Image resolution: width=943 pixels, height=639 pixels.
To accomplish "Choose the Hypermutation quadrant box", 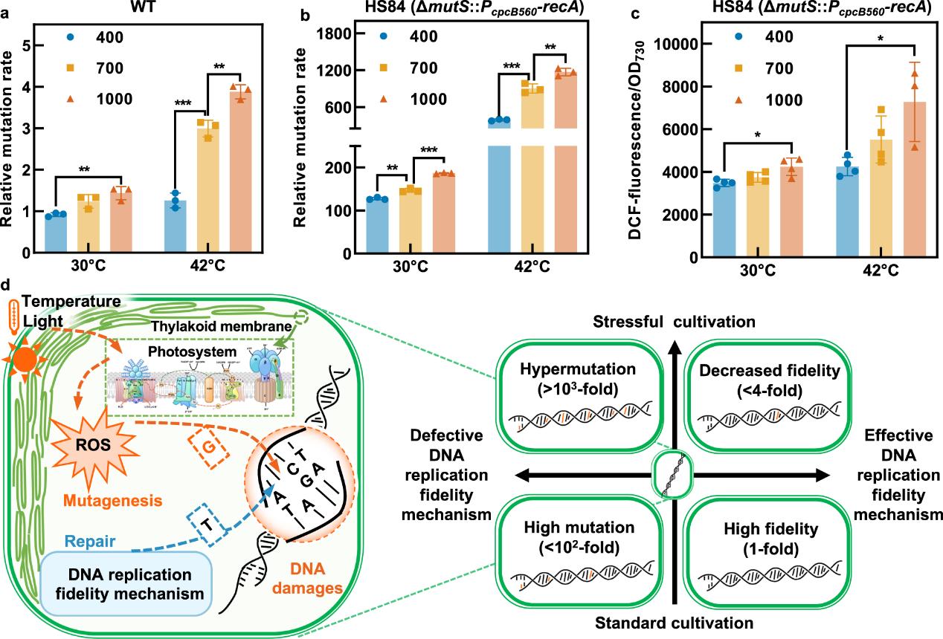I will tap(579, 404).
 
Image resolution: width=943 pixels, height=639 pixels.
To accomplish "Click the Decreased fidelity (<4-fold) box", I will tap(761, 404).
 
